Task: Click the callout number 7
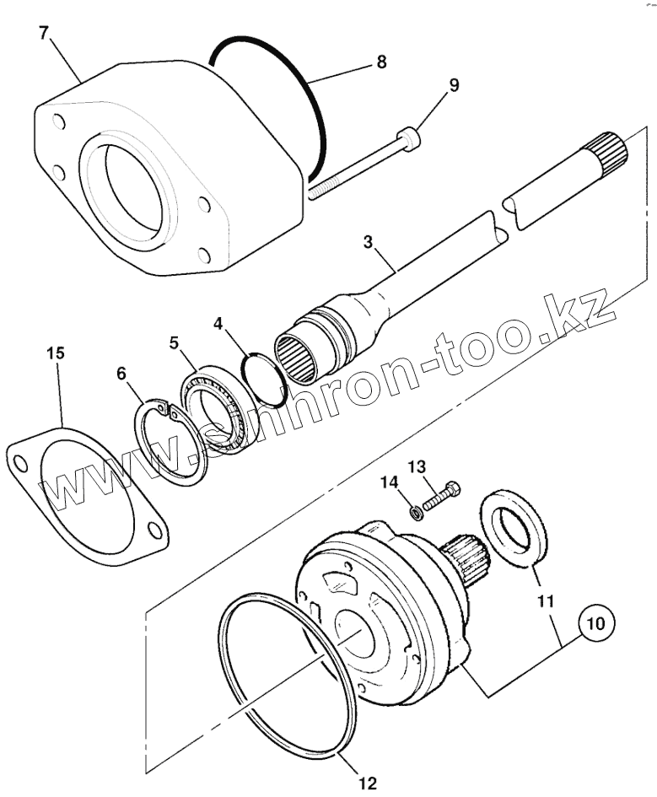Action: coord(44,34)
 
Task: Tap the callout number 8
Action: coord(381,62)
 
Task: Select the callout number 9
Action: coord(454,85)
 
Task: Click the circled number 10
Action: coord(595,624)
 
